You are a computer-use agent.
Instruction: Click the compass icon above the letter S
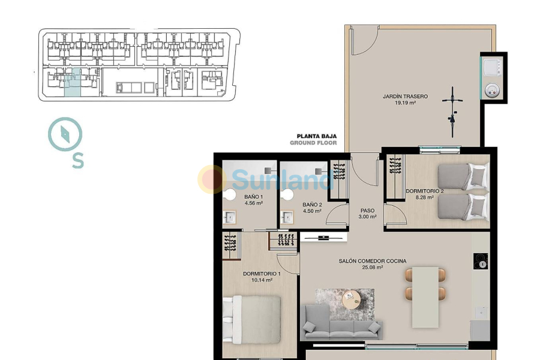tap(65, 134)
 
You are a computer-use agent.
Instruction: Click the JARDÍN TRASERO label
tap(406, 99)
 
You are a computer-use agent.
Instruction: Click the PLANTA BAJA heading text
tap(313, 136)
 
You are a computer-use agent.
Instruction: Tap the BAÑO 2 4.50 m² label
tap(311, 208)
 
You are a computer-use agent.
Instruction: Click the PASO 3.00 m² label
tap(368, 214)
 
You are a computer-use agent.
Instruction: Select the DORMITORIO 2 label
tap(425, 194)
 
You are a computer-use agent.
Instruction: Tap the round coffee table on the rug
tap(350, 298)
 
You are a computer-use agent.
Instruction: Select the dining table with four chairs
tap(425, 296)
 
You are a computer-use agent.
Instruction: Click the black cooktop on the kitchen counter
tap(481, 262)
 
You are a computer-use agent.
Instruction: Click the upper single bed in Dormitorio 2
tap(463, 178)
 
